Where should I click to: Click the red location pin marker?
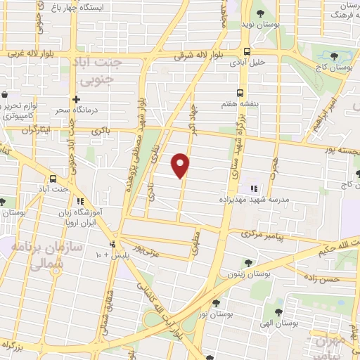181,165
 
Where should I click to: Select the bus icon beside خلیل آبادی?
246,51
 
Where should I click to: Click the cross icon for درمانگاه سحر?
77,100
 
